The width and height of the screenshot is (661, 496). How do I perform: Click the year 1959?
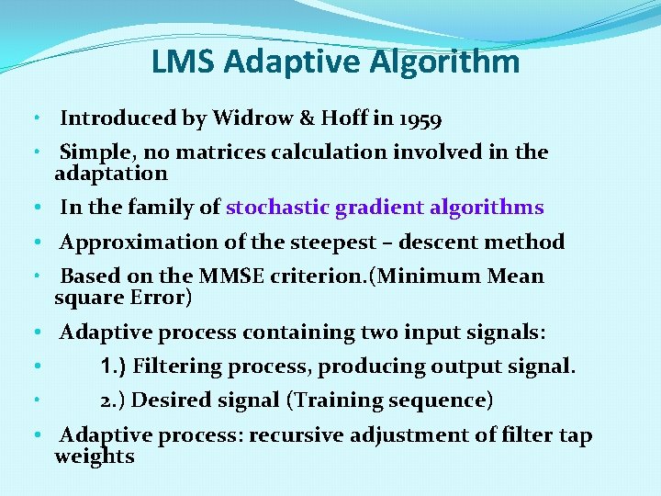point(420,119)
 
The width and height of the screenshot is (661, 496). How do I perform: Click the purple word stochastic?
point(276,208)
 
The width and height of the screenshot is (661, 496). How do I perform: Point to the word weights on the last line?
point(94,457)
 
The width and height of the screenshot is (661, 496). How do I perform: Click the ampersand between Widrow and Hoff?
point(307,118)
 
